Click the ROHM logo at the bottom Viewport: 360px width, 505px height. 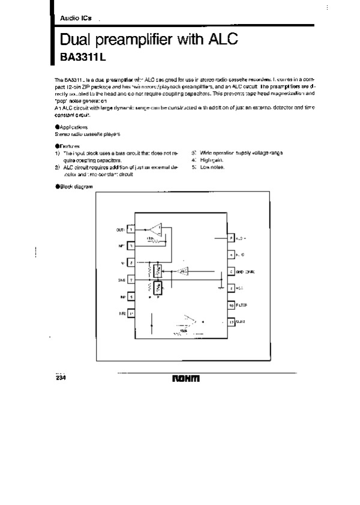tap(186, 379)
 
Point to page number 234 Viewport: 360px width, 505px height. tap(61, 378)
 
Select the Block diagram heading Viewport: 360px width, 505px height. tap(74, 187)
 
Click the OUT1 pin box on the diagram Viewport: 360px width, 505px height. tap(131, 229)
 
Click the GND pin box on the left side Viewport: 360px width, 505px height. tap(131, 280)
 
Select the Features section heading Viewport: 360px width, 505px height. tap(70, 147)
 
